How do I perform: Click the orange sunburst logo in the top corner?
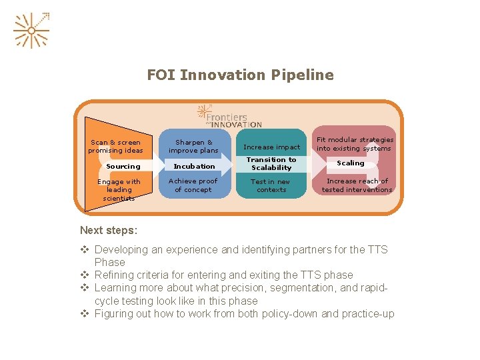31,30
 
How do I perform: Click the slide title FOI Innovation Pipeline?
240,75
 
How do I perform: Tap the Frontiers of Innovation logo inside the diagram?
230,115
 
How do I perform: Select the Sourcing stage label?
123,166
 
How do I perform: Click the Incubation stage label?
194,166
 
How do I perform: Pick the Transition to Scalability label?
271,163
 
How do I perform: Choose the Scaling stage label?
351,163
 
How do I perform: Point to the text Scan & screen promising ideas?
115,146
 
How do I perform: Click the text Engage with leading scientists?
119,189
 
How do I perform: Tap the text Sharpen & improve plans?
194,146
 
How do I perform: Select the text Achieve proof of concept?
193,185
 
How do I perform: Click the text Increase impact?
272,147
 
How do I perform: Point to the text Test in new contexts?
271,185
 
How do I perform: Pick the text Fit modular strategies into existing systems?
355,144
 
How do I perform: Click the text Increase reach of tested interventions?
357,185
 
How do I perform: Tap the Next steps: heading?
109,231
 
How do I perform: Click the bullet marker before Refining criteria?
85,275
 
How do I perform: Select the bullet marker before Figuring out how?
85,313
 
